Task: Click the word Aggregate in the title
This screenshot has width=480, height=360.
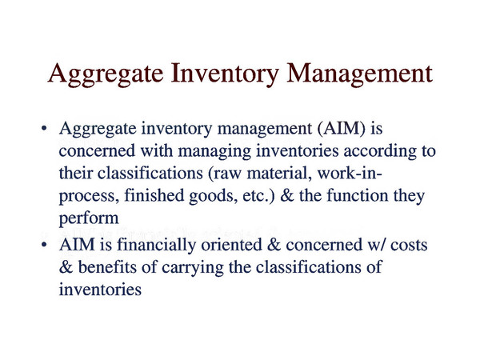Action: click(x=106, y=74)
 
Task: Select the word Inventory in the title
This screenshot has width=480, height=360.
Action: click(x=225, y=74)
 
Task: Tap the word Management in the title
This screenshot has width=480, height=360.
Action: click(x=359, y=74)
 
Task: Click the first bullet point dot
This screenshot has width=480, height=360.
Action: click(x=44, y=128)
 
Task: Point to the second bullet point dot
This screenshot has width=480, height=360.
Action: click(x=44, y=245)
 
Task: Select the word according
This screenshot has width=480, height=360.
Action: click(x=379, y=151)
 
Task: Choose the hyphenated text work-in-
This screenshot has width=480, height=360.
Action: click(x=350, y=174)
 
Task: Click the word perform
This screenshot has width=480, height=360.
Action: click(x=89, y=218)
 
